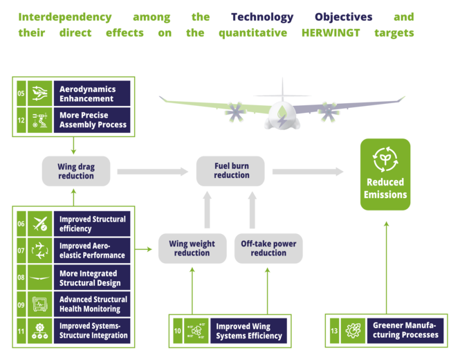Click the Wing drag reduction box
(x=76, y=171)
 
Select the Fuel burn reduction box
(x=231, y=170)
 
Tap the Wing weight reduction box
(x=192, y=249)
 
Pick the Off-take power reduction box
(x=268, y=249)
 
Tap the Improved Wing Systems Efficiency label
(x=249, y=331)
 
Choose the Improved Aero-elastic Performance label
(x=93, y=251)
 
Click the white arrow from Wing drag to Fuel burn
(x=152, y=172)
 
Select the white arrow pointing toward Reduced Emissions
(x=307, y=172)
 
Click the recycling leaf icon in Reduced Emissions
(x=385, y=158)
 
